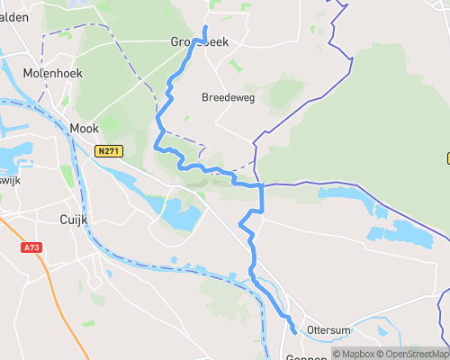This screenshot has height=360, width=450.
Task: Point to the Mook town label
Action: [x=84, y=129]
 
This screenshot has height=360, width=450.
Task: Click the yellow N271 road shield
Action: [x=108, y=152]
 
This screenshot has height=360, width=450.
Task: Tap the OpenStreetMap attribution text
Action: [x=415, y=354]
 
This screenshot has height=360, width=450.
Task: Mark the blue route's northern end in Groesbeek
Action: [x=205, y=29]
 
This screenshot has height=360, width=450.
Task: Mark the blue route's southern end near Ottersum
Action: [x=294, y=332]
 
